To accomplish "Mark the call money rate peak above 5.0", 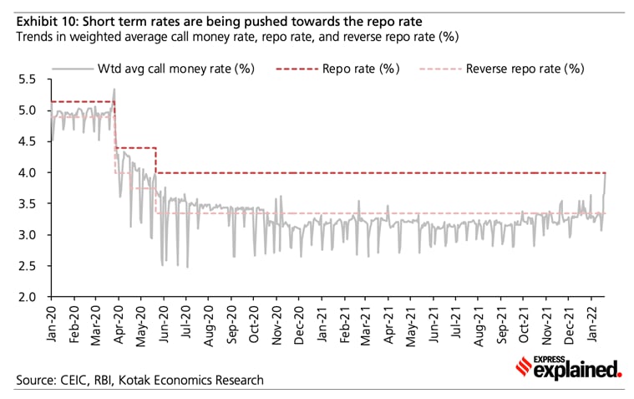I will click(114, 90).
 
